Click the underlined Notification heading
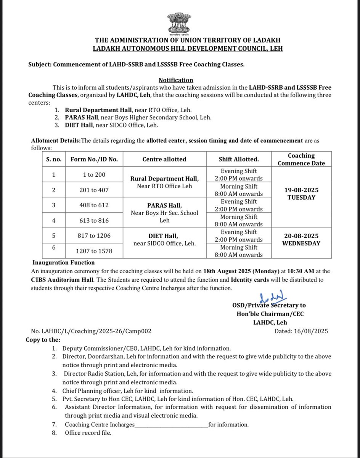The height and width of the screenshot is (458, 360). (176, 80)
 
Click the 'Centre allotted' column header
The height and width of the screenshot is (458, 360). (164, 160)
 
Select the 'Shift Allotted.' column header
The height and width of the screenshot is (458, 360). (239, 160)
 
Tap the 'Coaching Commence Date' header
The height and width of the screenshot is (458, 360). (301, 160)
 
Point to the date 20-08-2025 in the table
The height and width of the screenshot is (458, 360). (301, 236)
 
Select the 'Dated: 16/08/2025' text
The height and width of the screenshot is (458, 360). (301, 331)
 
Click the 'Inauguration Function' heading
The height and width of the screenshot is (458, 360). (64, 263)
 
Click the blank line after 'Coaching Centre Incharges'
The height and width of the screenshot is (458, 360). (172, 424)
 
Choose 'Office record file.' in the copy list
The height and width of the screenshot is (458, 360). (88, 433)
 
